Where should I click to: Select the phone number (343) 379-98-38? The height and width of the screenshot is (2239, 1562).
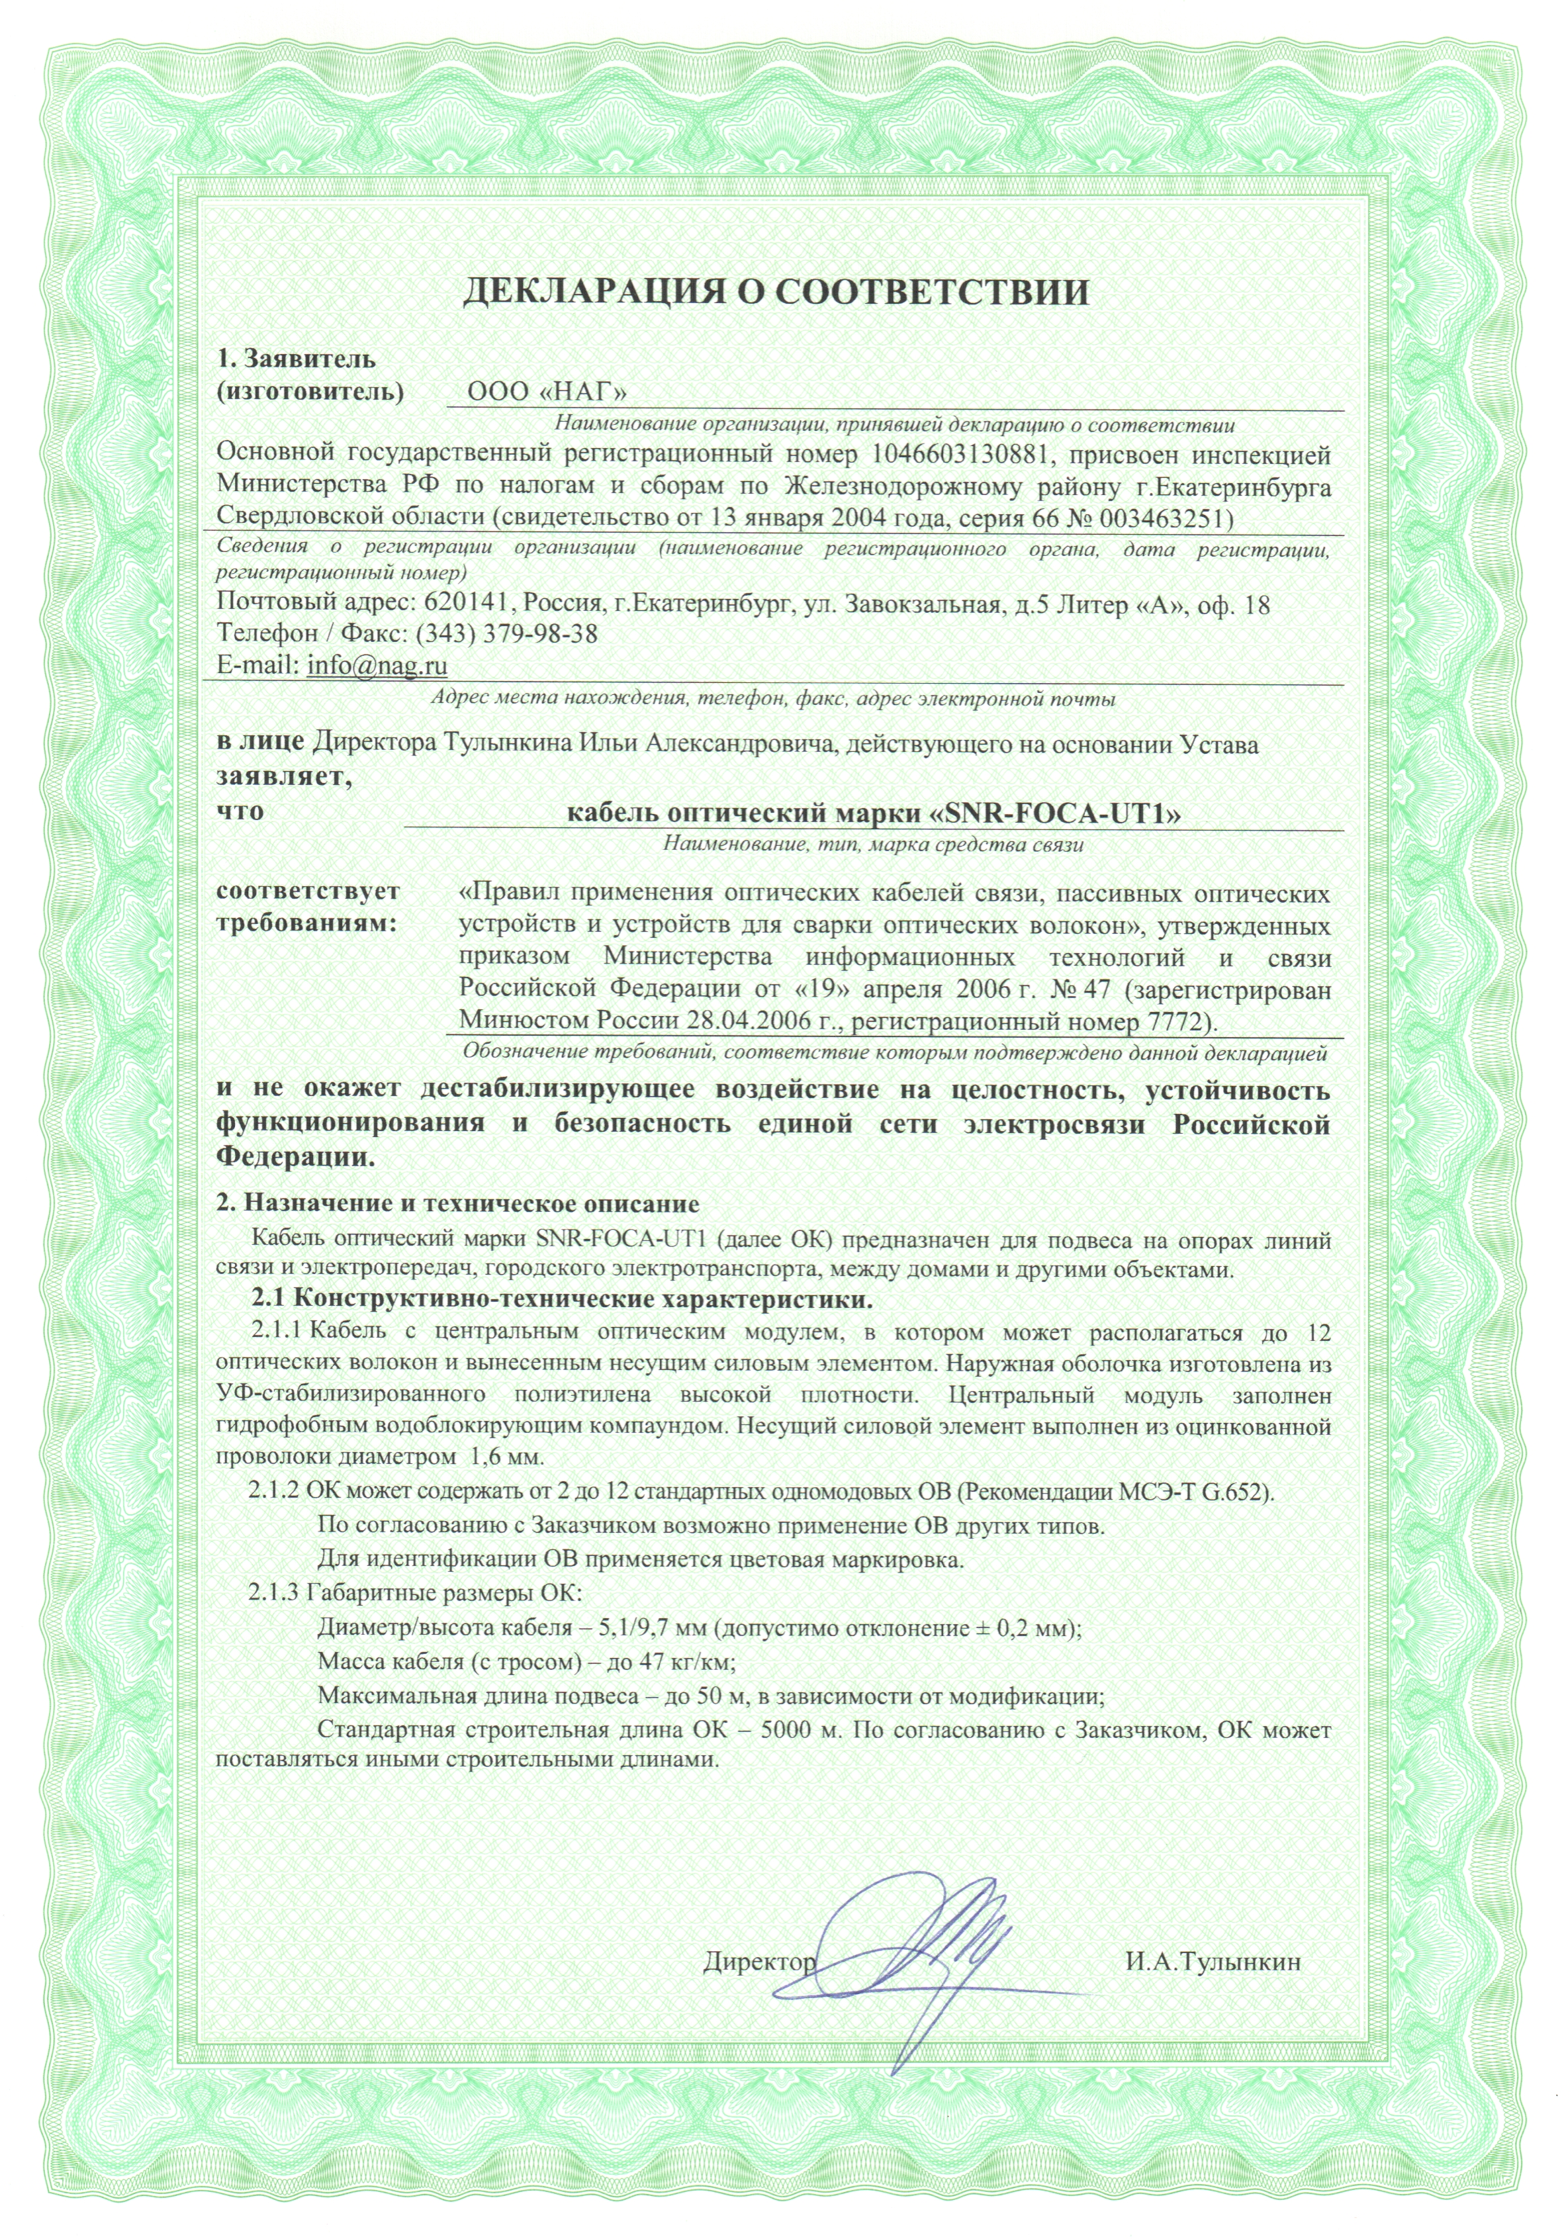tap(506, 634)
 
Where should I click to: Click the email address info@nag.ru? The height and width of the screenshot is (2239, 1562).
tap(377, 665)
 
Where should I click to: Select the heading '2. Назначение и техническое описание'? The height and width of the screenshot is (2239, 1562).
tap(457, 1203)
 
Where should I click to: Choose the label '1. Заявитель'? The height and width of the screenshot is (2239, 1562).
tap(295, 359)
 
